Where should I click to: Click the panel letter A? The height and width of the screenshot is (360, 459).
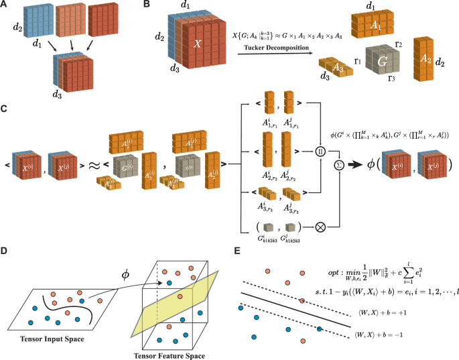[5, 6]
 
